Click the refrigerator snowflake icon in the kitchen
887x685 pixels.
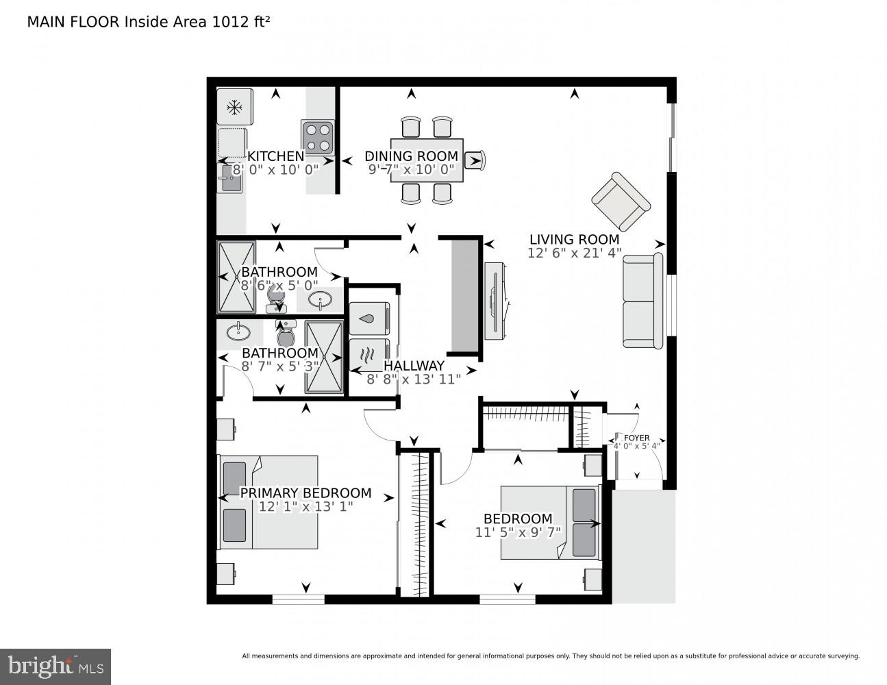[x=235, y=108]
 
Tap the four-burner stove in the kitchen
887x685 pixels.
[x=318, y=136]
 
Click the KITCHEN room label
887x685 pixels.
[x=275, y=156]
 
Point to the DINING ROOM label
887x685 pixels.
[x=411, y=156]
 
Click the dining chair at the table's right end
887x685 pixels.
[x=475, y=161]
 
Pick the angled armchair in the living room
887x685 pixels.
[x=621, y=201]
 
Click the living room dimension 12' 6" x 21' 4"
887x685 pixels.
[x=574, y=253]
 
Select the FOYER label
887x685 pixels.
[x=636, y=438]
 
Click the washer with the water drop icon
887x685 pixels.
[x=369, y=319]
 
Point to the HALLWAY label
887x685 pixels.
[x=414, y=366]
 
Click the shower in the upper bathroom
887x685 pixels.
[x=236, y=277]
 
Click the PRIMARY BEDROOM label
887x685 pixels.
[x=305, y=493]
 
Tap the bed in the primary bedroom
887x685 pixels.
[x=268, y=502]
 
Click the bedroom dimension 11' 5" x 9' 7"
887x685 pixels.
[x=518, y=532]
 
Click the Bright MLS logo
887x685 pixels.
[x=55, y=666]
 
